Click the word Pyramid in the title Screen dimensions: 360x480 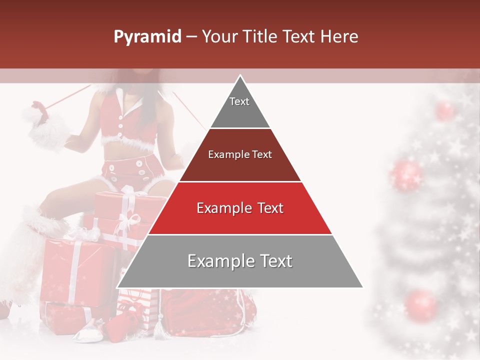[147, 37]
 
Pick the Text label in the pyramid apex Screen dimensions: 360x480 [239, 101]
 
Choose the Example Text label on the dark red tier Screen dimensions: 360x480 [240, 154]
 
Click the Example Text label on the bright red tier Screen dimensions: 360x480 [240, 208]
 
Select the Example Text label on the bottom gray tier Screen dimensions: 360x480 [240, 261]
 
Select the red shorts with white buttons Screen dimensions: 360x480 [132, 170]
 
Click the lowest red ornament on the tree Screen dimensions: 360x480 [421, 303]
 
